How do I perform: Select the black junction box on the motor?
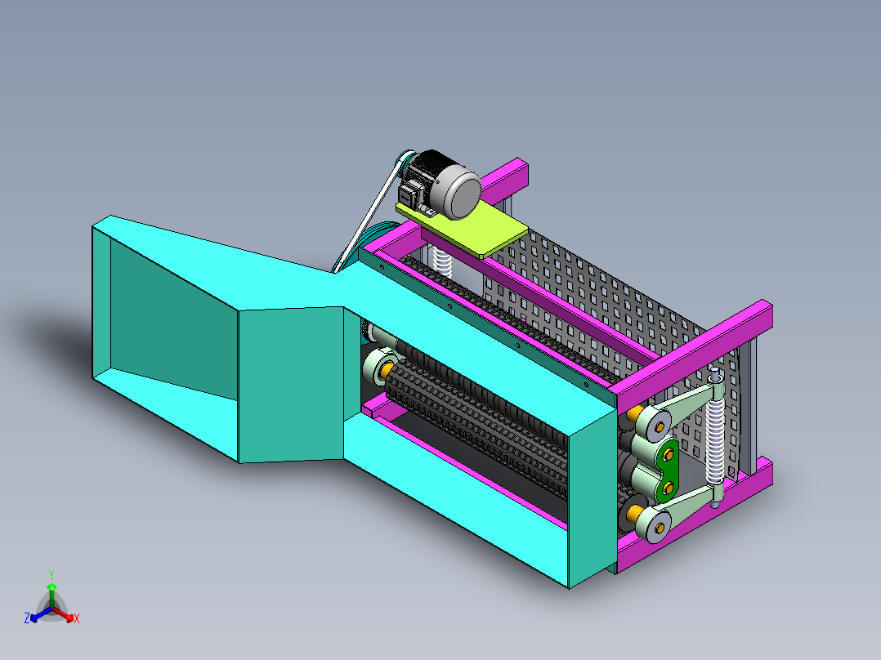[409, 196]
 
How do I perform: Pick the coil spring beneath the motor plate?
[442, 261]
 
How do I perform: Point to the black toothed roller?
[474, 408]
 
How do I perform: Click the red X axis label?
[77, 619]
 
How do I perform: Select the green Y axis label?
[51, 574]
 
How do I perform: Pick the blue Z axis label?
[27, 619]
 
